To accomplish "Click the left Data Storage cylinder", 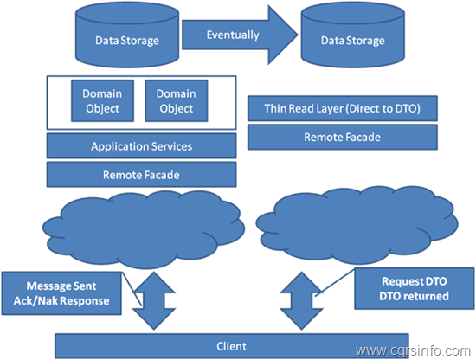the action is point(127,35).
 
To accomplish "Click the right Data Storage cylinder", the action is point(353,35).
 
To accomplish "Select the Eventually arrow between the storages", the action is point(240,35).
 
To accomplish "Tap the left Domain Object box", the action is point(102,100).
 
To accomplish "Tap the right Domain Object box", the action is point(177,100).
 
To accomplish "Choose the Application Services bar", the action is point(141,146).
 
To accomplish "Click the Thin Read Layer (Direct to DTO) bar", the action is point(343,108).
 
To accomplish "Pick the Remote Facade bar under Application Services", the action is point(141,175).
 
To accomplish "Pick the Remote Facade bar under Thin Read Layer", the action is point(343,137).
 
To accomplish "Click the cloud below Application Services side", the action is point(144,229).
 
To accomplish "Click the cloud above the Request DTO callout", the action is point(357,225).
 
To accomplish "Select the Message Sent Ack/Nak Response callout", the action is point(61,293).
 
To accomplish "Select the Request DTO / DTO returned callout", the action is point(415,288).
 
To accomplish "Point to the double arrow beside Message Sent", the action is point(153,300).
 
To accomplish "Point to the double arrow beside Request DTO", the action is point(301,300).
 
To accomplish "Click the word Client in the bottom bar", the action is point(231,346).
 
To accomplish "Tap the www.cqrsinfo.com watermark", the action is point(413,350).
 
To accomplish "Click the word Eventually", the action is point(233,35).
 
